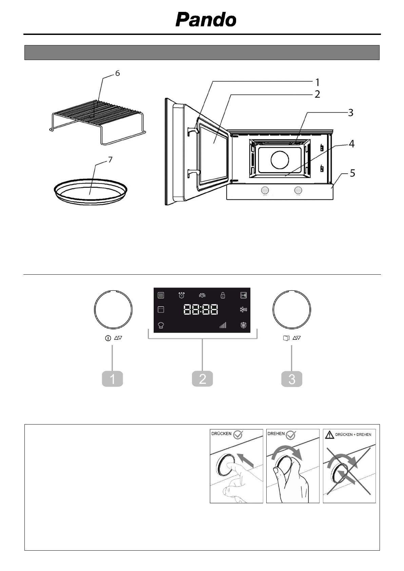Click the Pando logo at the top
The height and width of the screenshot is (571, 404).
pos(206,20)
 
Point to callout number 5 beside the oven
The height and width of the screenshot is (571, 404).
pos(352,173)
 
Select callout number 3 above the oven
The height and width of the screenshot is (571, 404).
pos(350,112)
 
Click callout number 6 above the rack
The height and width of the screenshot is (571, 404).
pos(117,73)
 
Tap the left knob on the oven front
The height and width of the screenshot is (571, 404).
pos(266,190)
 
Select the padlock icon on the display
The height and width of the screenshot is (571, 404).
pos(223,295)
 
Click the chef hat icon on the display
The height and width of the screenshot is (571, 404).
pos(161,325)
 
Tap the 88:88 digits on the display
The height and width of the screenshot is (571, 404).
pos(201,310)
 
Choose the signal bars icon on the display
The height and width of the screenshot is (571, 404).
pos(223,326)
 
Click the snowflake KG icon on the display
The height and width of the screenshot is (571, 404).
pos(243,310)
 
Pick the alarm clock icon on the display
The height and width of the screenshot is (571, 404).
pos(182,295)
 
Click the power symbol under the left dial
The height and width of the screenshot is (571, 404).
pos(108,338)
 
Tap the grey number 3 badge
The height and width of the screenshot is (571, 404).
pos(292,379)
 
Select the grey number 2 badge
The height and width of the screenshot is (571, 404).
pos(202,379)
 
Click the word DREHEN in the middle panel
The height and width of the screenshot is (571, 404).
pos(276,434)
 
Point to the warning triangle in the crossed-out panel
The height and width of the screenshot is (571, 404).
pos(329,434)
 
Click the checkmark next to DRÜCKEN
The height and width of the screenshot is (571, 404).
pos(238,435)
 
